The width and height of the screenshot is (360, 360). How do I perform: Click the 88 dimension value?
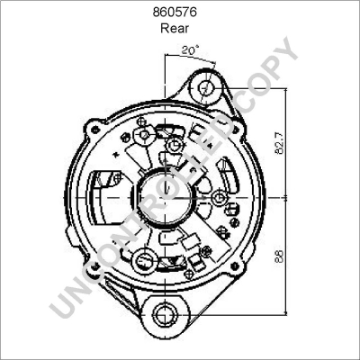click(290, 255)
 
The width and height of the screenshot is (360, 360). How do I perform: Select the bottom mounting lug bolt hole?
click(163, 314)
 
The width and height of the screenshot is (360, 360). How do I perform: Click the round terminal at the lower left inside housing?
click(141, 262)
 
